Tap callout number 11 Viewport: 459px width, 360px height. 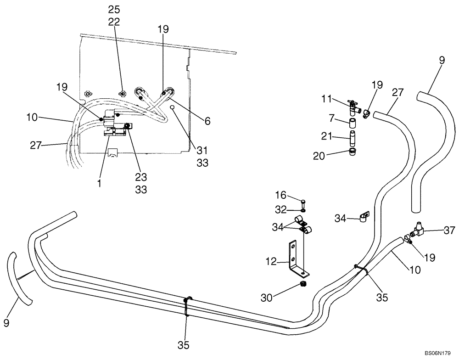[327, 98]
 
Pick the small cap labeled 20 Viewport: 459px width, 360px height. [353, 152]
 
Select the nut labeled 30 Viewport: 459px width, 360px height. [303, 286]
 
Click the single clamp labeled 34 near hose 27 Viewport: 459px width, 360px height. [364, 216]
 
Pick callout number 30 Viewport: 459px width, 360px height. [279, 298]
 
